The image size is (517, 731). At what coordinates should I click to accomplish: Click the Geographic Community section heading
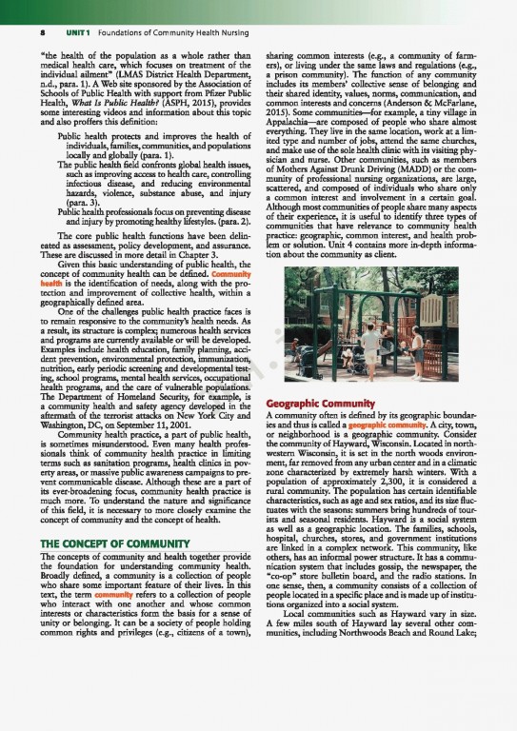pos(323,402)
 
